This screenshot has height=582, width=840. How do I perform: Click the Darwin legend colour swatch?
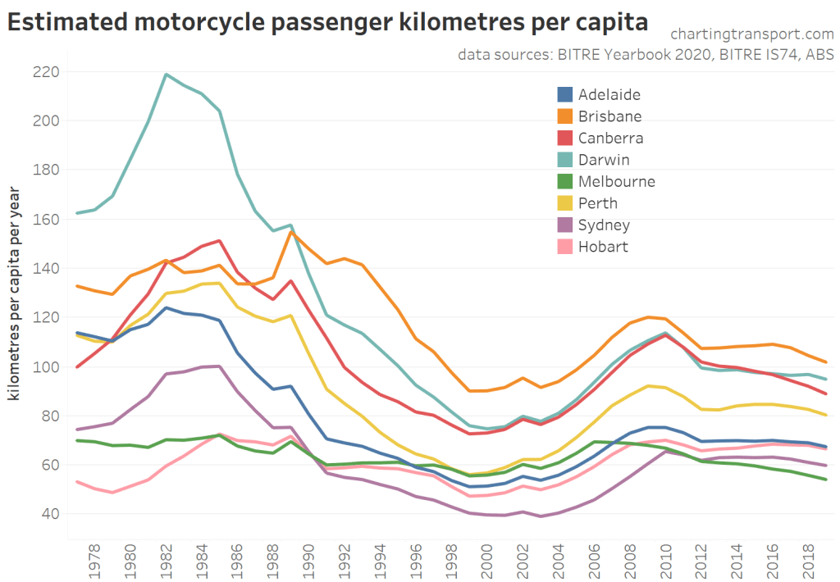point(566,160)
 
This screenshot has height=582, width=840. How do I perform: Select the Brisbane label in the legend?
point(609,116)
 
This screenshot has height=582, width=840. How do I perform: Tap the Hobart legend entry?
point(603,247)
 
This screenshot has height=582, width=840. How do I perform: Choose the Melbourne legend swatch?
point(566,182)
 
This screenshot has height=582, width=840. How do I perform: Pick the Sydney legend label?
point(605,225)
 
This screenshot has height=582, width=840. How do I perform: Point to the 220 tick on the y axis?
point(47,72)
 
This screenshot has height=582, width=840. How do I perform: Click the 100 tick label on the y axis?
point(47,366)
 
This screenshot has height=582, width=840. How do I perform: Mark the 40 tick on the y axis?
point(50,514)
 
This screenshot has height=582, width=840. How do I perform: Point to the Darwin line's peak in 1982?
point(167,75)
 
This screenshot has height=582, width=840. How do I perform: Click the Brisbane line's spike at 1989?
point(291,231)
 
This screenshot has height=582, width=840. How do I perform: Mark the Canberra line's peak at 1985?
point(220,241)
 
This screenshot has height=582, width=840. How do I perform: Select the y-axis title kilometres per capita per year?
point(14,293)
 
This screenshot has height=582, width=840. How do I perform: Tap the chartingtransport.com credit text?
point(751,34)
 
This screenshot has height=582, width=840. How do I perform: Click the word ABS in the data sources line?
point(819,55)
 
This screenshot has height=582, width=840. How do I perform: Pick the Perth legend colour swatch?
point(566,203)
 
